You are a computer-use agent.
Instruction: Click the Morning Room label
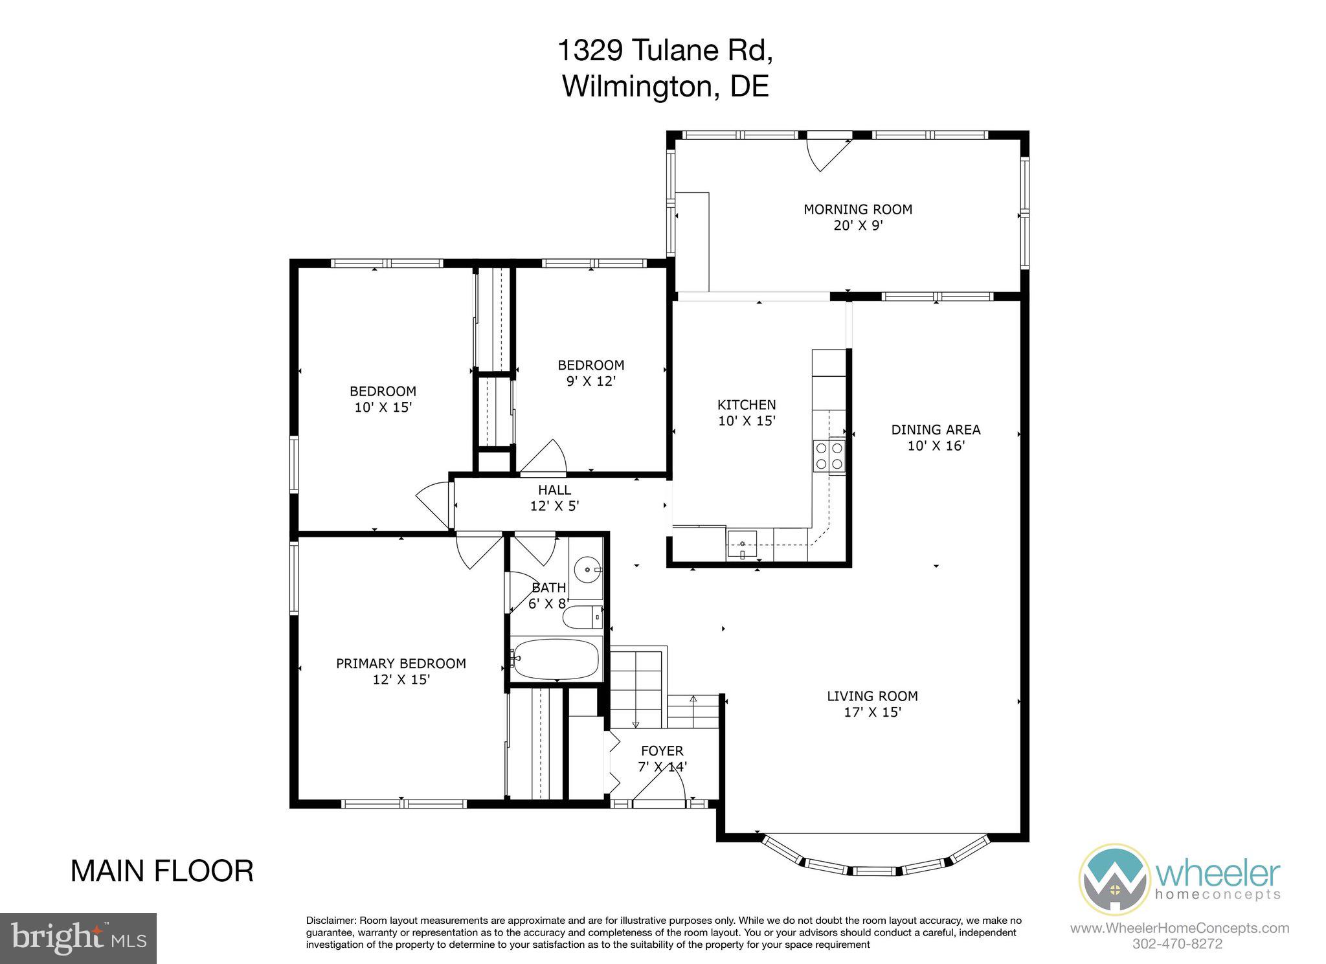tap(858, 210)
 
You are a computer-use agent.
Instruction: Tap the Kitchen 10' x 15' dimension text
tap(747, 421)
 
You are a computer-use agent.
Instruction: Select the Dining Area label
tap(936, 430)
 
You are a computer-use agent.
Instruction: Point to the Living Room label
tap(872, 697)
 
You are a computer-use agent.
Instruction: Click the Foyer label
tap(662, 751)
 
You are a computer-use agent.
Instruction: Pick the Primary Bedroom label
tap(401, 664)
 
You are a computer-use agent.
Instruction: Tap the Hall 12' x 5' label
tap(555, 498)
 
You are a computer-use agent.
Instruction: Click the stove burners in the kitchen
tap(829, 455)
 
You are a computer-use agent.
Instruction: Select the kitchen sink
tap(741, 545)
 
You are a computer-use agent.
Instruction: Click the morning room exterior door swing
tap(826, 153)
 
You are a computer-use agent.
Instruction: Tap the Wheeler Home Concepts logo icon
tap(1114, 879)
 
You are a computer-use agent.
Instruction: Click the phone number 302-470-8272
tap(1178, 943)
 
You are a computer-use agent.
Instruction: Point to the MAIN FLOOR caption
tap(162, 871)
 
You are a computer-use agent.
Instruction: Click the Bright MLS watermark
tap(78, 938)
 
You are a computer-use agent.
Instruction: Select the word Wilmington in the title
tap(637, 85)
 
